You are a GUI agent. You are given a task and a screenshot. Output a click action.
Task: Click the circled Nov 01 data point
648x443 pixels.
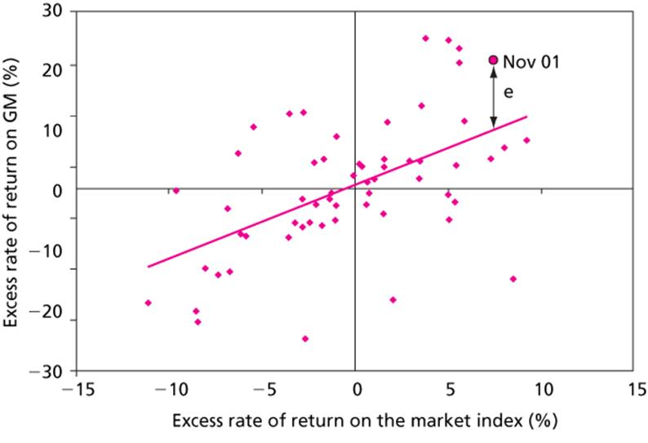pyautogui.click(x=493, y=60)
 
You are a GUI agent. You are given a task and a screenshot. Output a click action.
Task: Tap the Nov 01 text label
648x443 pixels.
pyautogui.click(x=531, y=61)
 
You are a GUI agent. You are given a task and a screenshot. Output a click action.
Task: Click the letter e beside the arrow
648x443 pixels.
pyautogui.click(x=508, y=93)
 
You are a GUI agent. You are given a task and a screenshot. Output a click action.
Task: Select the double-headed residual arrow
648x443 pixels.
pyautogui.click(x=493, y=96)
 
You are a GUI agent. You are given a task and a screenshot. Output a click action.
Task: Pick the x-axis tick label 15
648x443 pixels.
pyautogui.click(x=632, y=387)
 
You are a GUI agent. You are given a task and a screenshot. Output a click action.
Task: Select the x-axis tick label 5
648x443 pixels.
pyautogui.click(x=448, y=387)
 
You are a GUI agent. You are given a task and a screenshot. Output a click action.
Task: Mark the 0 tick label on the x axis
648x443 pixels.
pyautogui.click(x=356, y=387)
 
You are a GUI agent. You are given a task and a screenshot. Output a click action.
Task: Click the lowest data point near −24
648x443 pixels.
pyautogui.click(x=305, y=339)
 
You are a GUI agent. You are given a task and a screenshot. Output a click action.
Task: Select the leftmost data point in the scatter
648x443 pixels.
pyautogui.click(x=148, y=303)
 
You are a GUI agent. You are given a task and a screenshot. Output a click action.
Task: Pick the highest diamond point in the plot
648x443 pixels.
pyautogui.click(x=425, y=38)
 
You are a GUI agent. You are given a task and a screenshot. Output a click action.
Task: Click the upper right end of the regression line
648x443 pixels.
pyautogui.click(x=527, y=116)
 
